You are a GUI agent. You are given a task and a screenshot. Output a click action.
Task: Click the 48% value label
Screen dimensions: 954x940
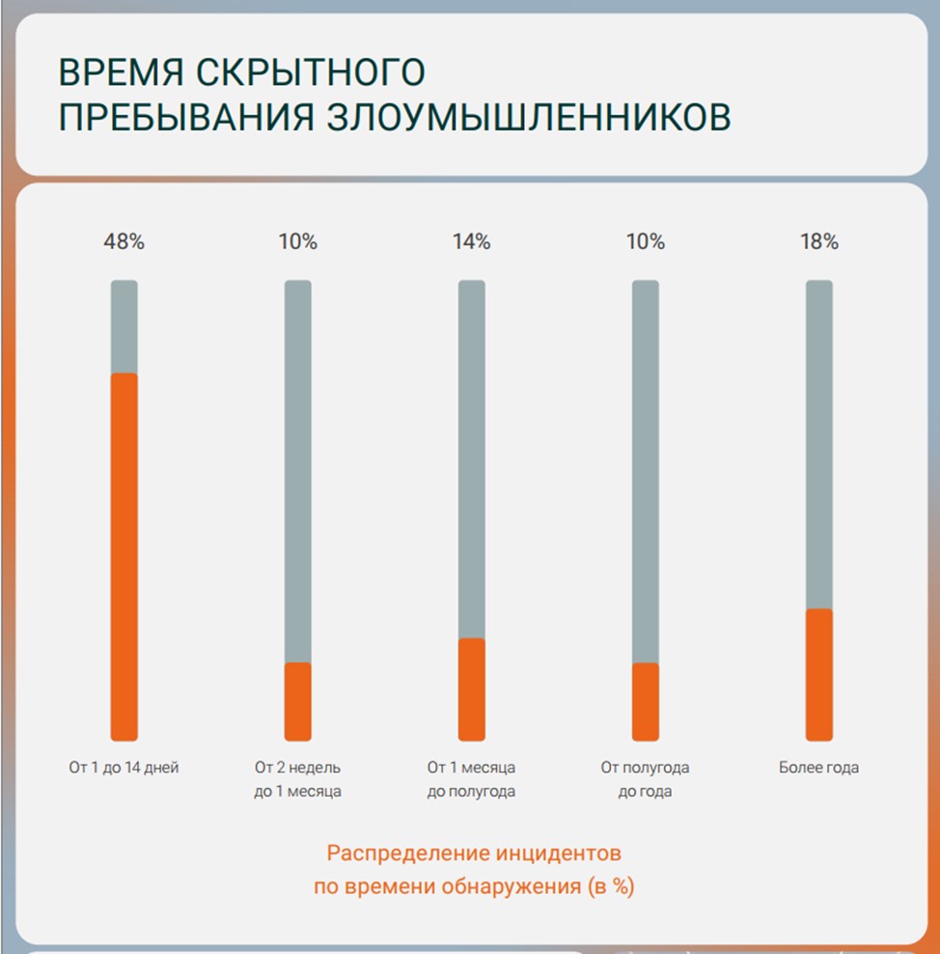(124, 242)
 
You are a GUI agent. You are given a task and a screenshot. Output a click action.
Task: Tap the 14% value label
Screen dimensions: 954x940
(472, 242)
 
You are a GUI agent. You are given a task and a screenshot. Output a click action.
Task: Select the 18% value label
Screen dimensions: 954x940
(819, 242)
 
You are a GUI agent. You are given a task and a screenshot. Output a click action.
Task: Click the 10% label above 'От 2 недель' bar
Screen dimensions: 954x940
(298, 242)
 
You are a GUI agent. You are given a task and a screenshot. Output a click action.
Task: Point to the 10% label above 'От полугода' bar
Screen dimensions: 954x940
(646, 242)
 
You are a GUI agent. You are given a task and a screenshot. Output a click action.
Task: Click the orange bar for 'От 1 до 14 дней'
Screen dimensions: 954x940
(124, 556)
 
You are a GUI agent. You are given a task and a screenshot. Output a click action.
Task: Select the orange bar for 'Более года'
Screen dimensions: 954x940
(819, 674)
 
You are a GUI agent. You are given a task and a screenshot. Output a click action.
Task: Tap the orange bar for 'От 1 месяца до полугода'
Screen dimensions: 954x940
(472, 688)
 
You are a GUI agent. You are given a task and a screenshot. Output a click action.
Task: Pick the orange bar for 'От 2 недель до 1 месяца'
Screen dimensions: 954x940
(298, 701)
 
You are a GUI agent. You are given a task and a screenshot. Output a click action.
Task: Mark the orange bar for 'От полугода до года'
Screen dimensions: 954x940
(646, 701)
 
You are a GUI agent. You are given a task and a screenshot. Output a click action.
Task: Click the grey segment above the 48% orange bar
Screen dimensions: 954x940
(124, 326)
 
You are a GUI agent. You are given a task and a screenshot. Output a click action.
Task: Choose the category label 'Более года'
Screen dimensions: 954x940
(819, 769)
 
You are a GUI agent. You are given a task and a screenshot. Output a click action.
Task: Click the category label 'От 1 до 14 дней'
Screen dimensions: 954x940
(124, 769)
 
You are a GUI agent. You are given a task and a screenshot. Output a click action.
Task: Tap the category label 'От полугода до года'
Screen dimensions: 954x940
(646, 780)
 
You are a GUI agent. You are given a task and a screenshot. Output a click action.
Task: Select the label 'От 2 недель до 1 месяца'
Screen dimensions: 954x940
(298, 780)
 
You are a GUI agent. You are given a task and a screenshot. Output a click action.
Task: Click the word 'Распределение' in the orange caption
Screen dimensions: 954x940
(409, 854)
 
